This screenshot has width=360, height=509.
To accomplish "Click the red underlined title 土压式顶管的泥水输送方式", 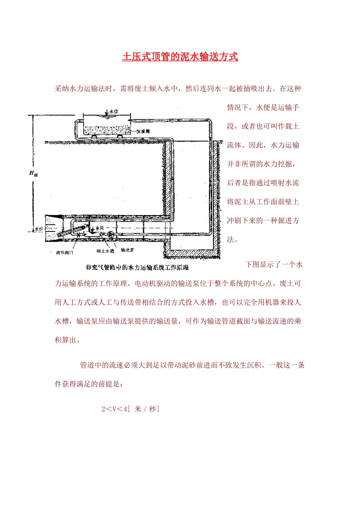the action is tap(180, 57).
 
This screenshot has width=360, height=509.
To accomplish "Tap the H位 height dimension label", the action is tap(33, 173).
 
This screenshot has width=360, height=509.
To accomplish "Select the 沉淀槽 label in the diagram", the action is tap(143, 131).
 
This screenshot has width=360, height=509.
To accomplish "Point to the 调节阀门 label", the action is tap(64, 252).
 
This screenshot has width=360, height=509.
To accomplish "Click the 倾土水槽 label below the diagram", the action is tap(105, 251).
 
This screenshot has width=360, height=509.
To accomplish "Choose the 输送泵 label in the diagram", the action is tap(127, 250).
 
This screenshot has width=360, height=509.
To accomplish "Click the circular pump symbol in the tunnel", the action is tap(110, 234).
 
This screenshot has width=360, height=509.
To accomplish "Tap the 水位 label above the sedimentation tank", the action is tap(113, 111).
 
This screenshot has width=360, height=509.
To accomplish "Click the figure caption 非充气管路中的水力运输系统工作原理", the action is tap(137, 267).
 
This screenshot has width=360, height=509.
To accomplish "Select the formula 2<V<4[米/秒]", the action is tap(130, 409).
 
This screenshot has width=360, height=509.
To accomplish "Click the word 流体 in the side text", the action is tap(234, 145).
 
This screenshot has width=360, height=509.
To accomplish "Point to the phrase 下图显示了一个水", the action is tap(274, 264).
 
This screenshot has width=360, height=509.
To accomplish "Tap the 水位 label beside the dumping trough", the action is tap(99, 228).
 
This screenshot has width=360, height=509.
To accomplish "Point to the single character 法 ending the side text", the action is tap(230, 239).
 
